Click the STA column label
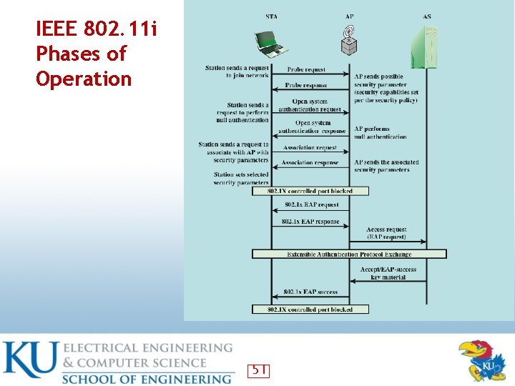point(272,16)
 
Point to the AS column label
point(427,16)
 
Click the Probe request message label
point(306,70)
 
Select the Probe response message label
point(306,86)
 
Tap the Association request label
point(310,148)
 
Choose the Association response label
point(310,163)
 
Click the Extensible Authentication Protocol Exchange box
point(349,254)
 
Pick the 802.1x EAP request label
point(311,205)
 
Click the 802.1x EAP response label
point(310,222)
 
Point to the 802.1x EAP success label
point(310,292)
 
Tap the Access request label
point(386,230)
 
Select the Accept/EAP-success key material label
point(388,273)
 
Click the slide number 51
point(258,370)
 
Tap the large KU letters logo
point(29,362)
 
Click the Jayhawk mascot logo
point(481,360)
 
